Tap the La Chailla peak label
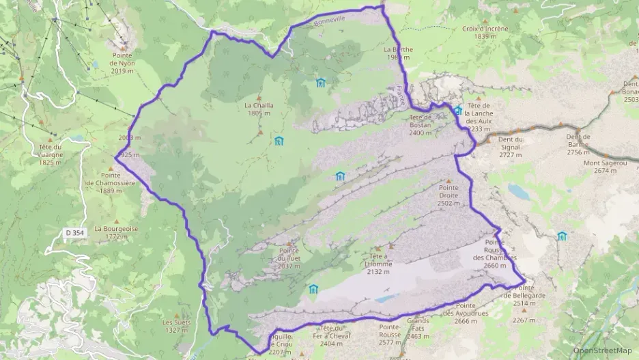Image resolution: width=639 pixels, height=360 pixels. pyautogui.click(x=259, y=109)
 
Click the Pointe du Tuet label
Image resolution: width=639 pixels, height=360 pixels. pyautogui.click(x=289, y=262)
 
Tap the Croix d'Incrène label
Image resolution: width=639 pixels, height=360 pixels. pyautogui.click(x=485, y=32)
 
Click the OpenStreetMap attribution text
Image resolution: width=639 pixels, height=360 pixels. pyautogui.click(x=602, y=350)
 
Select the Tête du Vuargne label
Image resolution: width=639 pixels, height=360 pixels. pyautogui.click(x=51, y=154)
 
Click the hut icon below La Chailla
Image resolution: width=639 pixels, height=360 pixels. pyautogui.click(x=279, y=141)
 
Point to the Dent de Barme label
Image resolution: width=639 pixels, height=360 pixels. pyautogui.click(x=578, y=139)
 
